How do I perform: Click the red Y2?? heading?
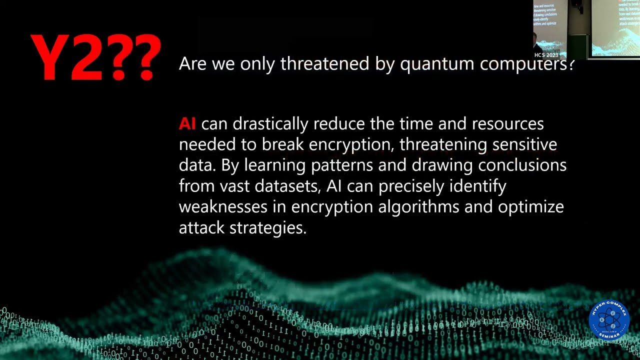95,57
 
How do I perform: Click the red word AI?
187,123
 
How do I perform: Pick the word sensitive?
524,144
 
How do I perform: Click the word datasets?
287,186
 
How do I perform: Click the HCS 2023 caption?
546,55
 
